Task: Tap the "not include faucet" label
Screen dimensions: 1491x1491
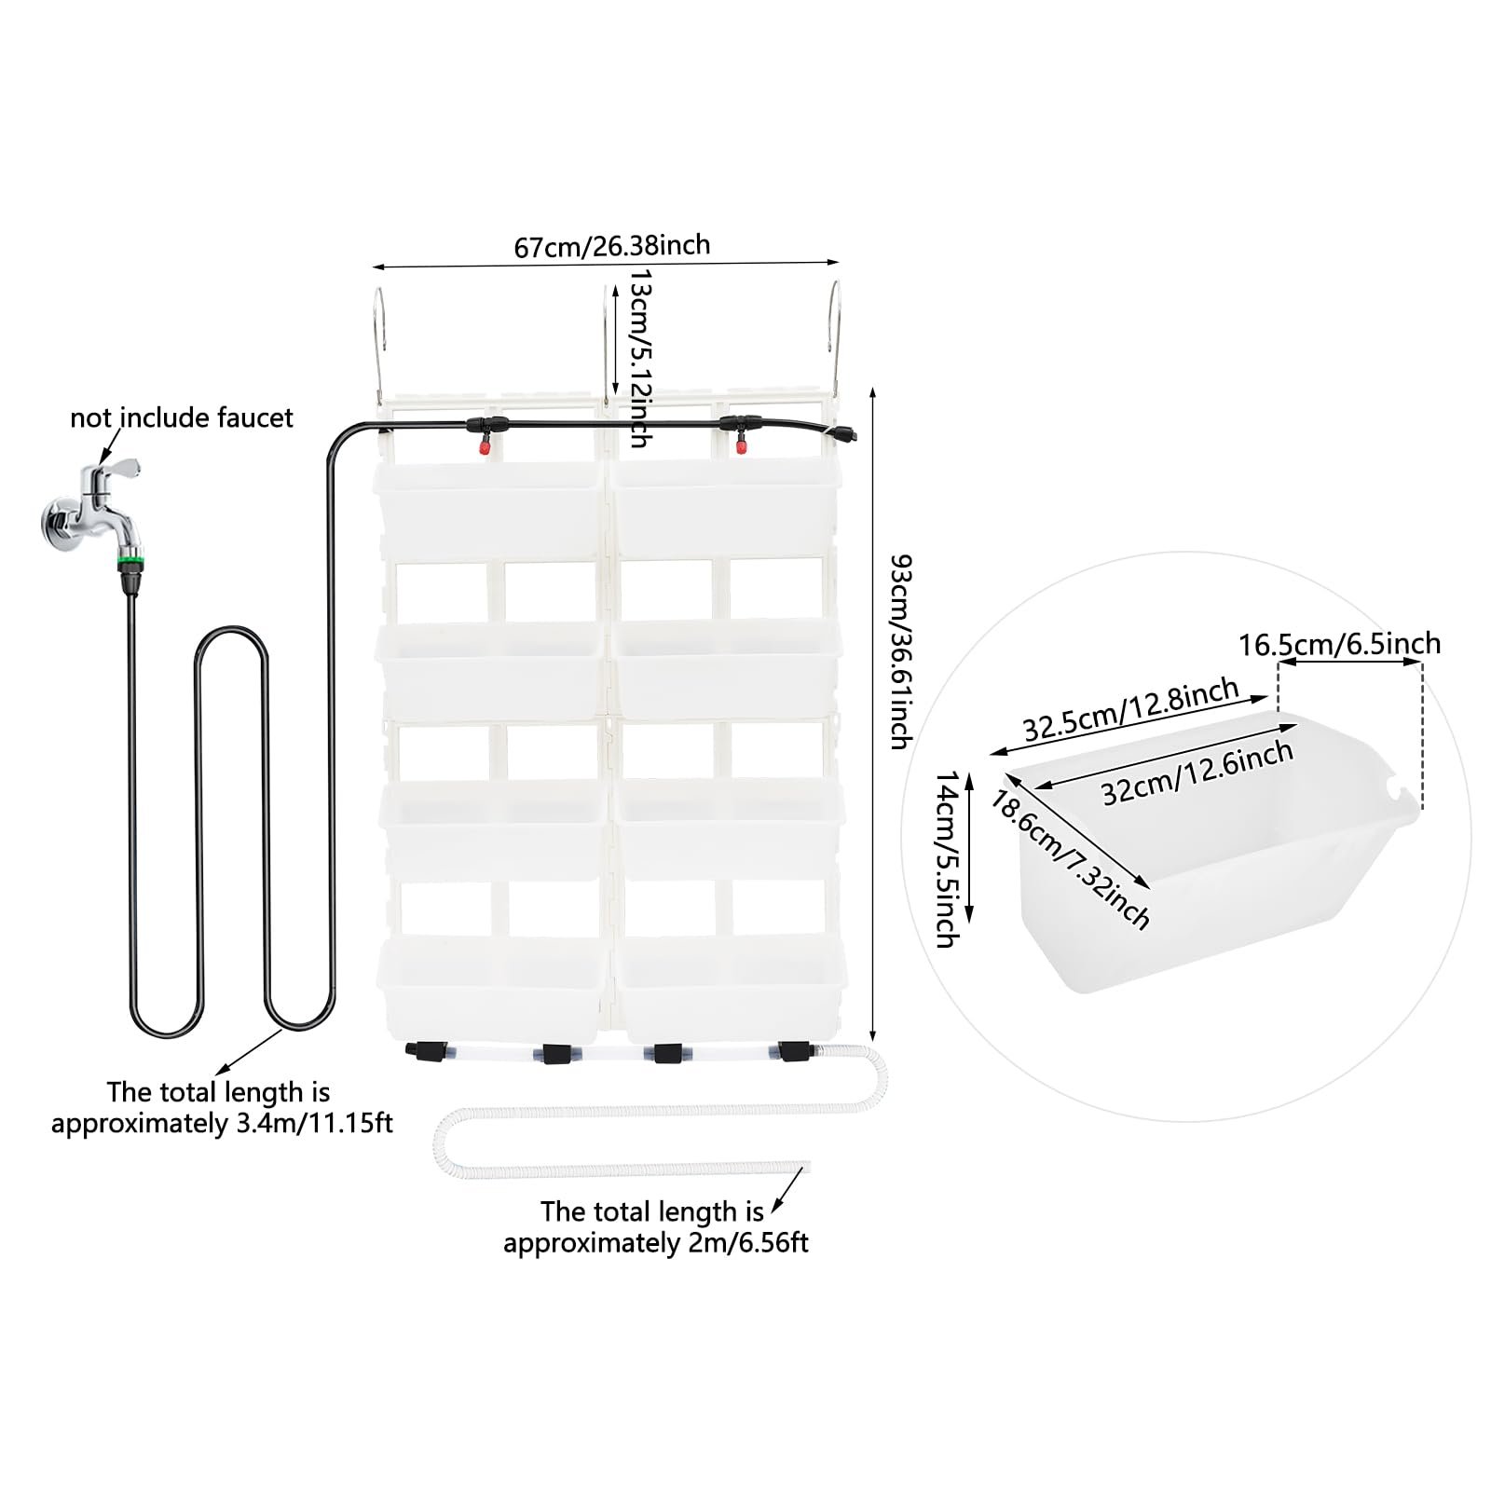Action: (182, 417)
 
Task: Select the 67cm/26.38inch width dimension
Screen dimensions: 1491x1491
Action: (612, 246)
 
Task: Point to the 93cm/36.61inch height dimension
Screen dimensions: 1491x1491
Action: (900, 651)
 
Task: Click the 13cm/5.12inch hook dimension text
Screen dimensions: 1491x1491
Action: (640, 359)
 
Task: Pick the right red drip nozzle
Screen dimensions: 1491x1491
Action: (742, 448)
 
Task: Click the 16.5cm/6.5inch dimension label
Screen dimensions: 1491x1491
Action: (1339, 644)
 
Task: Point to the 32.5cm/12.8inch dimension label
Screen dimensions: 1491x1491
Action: (1131, 710)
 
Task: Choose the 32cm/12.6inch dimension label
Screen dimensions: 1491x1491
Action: (1197, 773)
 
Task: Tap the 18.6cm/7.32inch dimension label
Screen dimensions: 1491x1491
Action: (1070, 859)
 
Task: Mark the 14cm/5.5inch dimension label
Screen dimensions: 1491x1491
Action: (948, 858)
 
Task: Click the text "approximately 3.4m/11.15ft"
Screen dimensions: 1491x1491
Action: (222, 1123)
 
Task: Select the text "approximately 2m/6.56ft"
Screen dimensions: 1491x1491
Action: (656, 1242)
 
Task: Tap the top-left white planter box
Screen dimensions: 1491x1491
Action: (488, 508)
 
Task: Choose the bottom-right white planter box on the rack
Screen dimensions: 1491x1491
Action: (730, 987)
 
